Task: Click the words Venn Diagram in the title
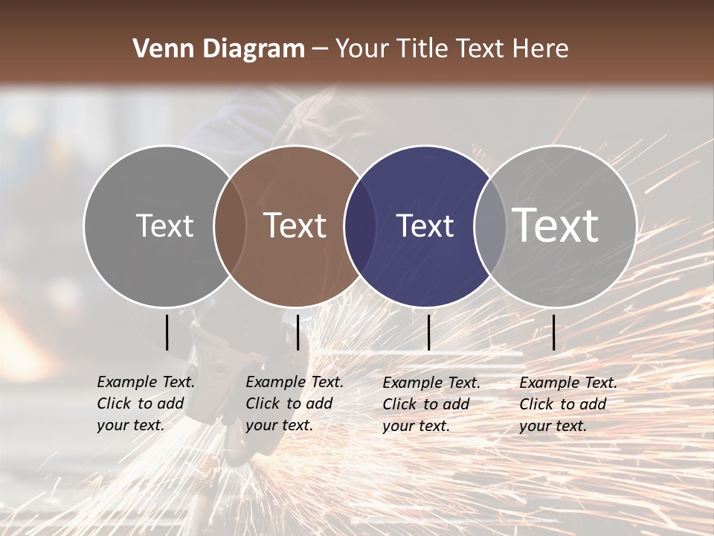pos(219,49)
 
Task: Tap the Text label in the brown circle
pos(295,226)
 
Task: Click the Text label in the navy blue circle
pos(425,226)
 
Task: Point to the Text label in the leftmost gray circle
pos(165,226)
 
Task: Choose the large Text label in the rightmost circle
pos(556,225)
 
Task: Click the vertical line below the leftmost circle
pos(167,332)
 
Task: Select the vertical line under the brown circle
pos(297,332)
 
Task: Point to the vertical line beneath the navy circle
pos(428,332)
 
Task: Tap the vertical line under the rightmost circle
pos(554,332)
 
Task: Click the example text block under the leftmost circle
pos(146,403)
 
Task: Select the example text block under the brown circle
pos(295,403)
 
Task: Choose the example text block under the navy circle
pos(431,404)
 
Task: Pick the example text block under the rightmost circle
pos(568,404)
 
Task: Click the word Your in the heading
pos(361,49)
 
